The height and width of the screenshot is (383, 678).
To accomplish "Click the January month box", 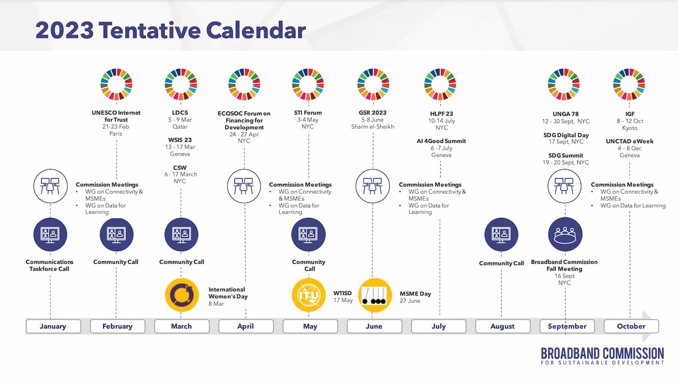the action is (53, 326).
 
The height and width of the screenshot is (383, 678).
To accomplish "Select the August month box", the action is (503, 326).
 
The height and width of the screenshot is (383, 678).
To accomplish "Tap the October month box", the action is (631, 326).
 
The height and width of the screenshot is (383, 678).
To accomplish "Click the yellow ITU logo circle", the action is (308, 295).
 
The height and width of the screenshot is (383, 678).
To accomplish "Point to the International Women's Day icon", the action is (182, 295).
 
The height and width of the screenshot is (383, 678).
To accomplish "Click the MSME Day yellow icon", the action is (375, 295).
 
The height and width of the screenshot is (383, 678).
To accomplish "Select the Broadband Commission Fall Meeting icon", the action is (565, 234).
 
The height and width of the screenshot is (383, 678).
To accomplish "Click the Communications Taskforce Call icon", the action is (50, 234).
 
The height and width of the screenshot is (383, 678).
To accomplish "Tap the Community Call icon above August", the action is (501, 234).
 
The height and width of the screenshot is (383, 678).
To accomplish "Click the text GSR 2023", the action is (372, 112).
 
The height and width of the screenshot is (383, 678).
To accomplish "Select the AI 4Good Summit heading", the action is (441, 141).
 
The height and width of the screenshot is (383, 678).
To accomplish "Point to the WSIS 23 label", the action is (180, 140).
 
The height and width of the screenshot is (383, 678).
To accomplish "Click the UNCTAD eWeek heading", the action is (630, 141).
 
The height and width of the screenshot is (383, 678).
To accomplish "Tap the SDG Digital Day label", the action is (566, 135).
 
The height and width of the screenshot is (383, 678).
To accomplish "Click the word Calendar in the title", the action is (256, 30).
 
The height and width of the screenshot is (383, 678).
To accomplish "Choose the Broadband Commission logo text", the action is (602, 356).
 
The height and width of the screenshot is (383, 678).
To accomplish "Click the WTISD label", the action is (342, 293).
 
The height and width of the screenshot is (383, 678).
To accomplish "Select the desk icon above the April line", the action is (244, 186).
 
